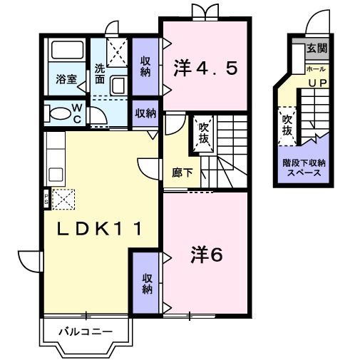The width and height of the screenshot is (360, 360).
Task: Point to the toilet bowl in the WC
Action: (x=56, y=113)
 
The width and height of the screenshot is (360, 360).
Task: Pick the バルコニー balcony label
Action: (x=85, y=332)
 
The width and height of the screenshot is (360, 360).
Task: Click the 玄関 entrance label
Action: (x=317, y=49)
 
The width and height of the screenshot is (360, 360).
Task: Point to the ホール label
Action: (x=316, y=68)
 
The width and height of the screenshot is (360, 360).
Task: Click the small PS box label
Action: (x=47, y=197)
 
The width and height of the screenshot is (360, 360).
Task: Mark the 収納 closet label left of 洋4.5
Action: (x=145, y=66)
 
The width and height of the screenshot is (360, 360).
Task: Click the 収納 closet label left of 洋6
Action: (x=147, y=284)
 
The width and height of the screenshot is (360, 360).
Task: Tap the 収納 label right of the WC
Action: (x=145, y=113)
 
